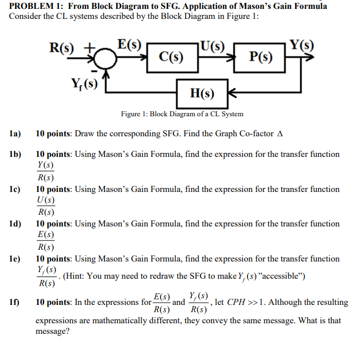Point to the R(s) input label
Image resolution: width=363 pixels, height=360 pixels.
click(x=62, y=48)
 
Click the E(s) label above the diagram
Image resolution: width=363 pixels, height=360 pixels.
click(x=129, y=45)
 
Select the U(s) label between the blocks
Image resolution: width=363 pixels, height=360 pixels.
click(x=212, y=46)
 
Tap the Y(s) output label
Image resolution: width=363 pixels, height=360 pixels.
click(x=302, y=45)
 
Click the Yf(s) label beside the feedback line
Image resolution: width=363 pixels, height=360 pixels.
click(x=84, y=84)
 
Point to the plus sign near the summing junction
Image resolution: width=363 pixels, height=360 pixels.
click(x=89, y=48)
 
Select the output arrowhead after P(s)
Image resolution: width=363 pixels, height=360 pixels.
click(x=310, y=57)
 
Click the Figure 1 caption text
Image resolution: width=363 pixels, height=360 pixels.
click(x=182, y=114)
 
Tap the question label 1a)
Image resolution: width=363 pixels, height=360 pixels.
click(x=15, y=134)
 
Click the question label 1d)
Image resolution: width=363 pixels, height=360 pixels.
click(x=15, y=224)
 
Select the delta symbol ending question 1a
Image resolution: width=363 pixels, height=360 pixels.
click(x=280, y=134)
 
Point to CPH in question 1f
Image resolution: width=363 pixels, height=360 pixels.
click(x=236, y=302)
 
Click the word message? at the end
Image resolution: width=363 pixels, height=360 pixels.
click(x=53, y=331)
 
